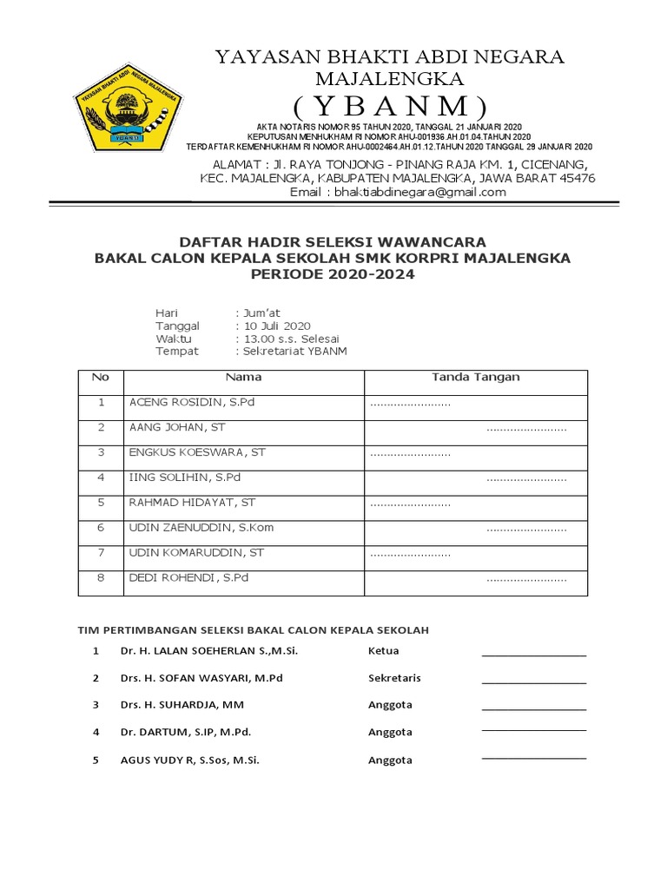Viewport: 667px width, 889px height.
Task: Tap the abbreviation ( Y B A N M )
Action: tap(390, 108)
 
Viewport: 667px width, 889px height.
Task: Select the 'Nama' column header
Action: tap(243, 378)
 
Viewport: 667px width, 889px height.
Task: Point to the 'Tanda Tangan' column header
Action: tap(476, 378)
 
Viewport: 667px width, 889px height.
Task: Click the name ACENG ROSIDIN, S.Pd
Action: tap(192, 403)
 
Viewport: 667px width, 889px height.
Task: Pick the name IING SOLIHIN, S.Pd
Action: tap(185, 477)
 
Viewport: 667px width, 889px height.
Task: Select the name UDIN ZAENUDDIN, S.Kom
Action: tap(201, 527)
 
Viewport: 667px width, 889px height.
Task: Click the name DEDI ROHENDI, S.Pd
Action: tap(189, 577)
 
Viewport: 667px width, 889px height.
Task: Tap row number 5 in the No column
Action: tap(101, 503)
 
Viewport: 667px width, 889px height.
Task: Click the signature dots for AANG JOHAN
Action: tap(526, 429)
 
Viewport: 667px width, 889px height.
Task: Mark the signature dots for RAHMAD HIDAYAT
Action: tap(410, 504)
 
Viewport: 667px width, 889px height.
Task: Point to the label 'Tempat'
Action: tap(177, 352)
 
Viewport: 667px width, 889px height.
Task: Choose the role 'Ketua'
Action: tap(384, 651)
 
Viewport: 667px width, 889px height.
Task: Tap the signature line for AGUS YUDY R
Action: tap(533, 759)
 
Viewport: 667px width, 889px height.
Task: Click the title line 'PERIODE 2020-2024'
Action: tap(333, 274)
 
